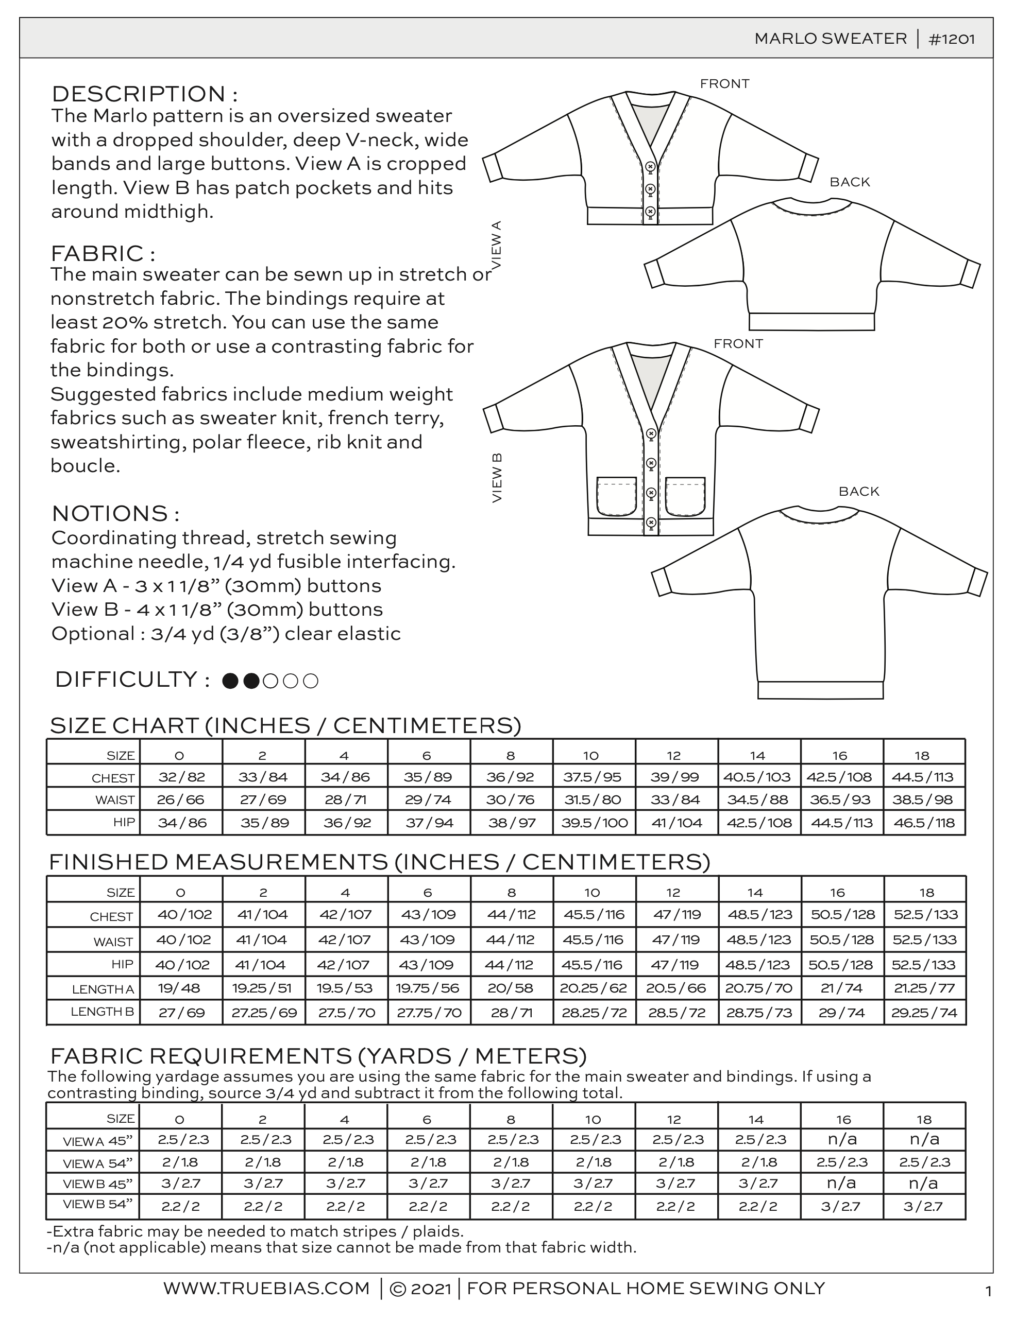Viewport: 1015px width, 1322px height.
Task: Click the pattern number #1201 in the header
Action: point(951,39)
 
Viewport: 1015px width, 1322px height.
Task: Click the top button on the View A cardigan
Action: point(651,167)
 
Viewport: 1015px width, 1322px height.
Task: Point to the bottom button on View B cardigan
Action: point(651,521)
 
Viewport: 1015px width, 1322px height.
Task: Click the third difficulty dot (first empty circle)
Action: point(270,682)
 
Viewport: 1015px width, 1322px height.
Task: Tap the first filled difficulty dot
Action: point(230,682)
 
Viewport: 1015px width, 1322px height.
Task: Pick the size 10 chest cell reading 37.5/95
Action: point(594,777)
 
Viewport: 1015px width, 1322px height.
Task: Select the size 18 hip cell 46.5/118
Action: point(924,823)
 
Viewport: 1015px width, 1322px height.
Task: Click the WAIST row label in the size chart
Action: point(114,801)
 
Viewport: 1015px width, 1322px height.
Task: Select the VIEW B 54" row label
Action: point(97,1204)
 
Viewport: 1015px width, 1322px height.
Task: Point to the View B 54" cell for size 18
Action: point(924,1207)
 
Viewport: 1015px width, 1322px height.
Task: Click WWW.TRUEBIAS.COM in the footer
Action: point(266,1289)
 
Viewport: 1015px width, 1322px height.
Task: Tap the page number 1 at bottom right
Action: point(988,1292)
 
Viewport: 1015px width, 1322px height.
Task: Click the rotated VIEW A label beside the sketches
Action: point(497,245)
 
